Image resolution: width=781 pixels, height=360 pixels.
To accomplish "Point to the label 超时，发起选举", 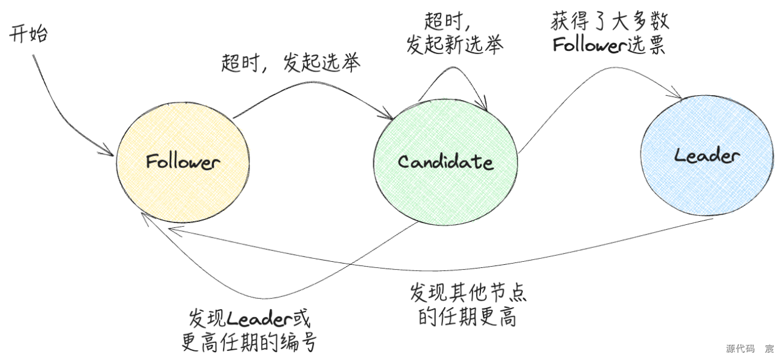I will pos(291,63).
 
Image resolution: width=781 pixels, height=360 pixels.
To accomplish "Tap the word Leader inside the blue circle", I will pos(706,156).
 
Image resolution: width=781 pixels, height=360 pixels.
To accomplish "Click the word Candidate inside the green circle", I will pos(445,162).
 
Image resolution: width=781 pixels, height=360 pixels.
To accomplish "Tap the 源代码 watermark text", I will pos(740,348).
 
